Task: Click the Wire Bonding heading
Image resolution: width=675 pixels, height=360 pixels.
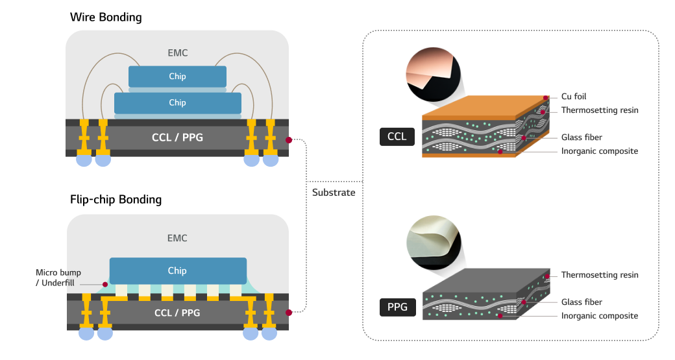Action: tap(106, 18)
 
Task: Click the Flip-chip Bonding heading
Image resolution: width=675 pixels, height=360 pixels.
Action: tap(116, 199)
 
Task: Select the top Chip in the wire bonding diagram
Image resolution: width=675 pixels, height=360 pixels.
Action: tap(177, 77)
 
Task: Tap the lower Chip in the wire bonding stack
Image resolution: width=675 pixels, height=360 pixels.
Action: tap(177, 103)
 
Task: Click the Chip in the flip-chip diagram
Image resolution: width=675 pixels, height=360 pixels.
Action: tap(177, 270)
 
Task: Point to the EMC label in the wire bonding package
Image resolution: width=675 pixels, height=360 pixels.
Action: tap(177, 53)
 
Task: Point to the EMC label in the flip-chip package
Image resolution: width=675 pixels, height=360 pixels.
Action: tap(177, 238)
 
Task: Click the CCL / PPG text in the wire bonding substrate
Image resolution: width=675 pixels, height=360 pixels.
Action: tap(177, 138)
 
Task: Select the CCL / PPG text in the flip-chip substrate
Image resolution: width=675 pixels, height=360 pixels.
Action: tap(177, 313)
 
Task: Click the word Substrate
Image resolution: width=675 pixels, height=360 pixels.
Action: tap(334, 193)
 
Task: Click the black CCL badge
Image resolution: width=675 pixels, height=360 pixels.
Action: tap(397, 137)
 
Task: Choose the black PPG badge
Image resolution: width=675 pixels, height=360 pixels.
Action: tap(397, 307)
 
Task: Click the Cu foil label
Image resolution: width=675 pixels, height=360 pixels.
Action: tap(574, 97)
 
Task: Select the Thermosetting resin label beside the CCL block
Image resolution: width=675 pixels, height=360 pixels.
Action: tap(600, 110)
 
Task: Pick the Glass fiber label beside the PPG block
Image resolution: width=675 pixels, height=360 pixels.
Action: tap(582, 302)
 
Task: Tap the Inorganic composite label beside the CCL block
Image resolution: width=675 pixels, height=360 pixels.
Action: tap(600, 151)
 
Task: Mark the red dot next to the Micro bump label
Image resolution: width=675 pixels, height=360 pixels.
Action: tap(104, 284)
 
